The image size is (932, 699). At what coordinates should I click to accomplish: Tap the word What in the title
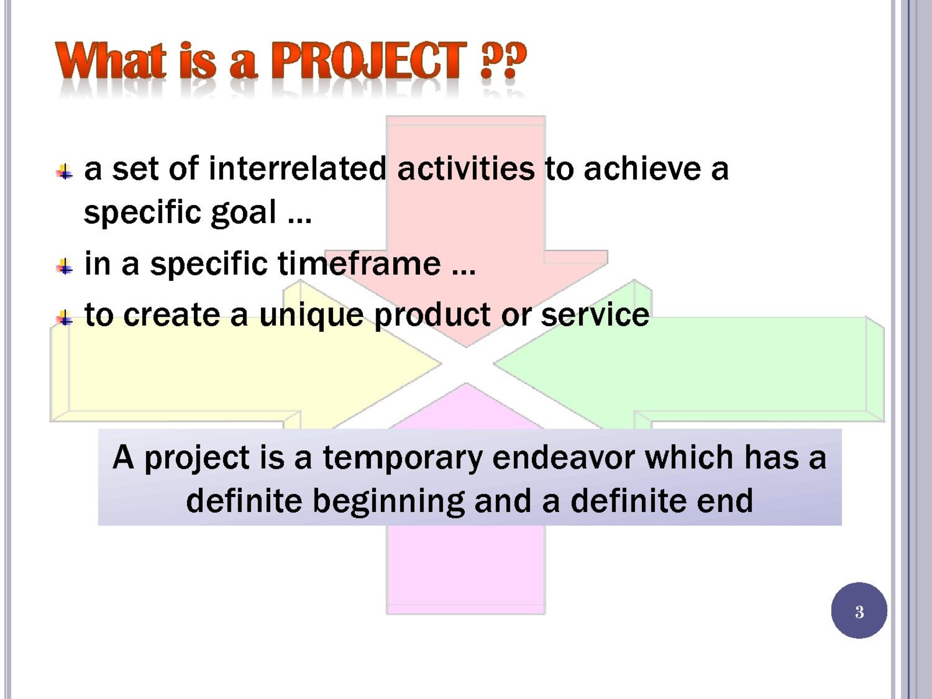111,60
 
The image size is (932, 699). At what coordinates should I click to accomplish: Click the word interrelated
297,169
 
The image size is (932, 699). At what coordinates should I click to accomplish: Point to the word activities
466,169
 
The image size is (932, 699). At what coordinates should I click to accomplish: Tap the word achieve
642,169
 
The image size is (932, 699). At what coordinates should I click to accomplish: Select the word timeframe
359,263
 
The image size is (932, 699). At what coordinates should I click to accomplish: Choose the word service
595,315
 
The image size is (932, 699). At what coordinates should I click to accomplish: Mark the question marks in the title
504,60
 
